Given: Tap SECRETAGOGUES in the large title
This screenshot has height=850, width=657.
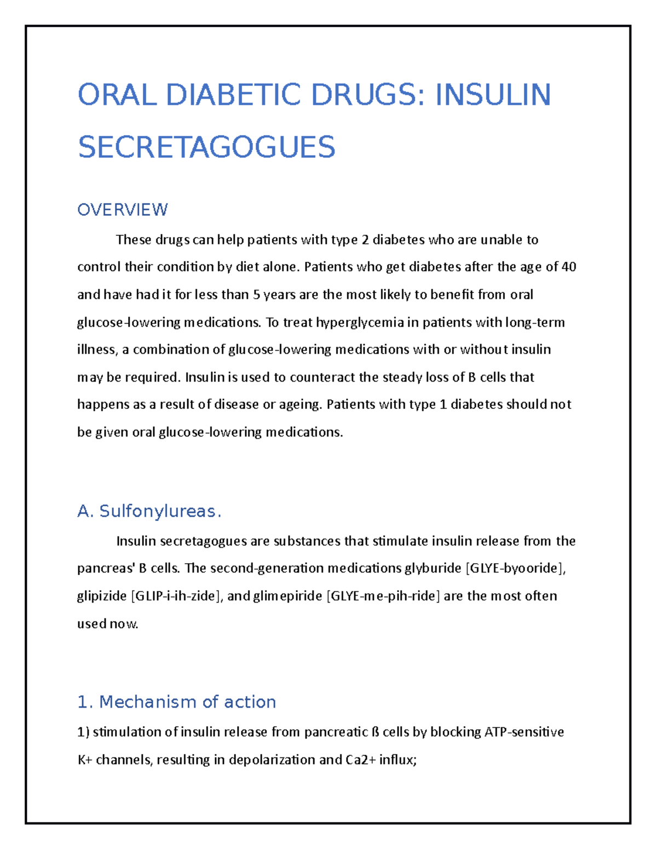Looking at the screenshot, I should click(x=206, y=147).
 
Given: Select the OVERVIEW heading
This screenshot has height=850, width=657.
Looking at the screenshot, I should click(x=122, y=210).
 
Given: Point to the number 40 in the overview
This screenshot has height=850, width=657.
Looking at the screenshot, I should click(x=569, y=267).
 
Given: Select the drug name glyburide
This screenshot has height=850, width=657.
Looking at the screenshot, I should click(x=433, y=568).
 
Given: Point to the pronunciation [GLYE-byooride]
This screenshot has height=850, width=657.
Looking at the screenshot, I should click(x=514, y=568).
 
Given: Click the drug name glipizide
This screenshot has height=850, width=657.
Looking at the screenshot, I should click(x=102, y=596).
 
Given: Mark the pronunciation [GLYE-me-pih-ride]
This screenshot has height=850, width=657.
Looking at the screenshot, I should click(x=383, y=596).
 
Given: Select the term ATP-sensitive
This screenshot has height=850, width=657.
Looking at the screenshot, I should click(x=524, y=732).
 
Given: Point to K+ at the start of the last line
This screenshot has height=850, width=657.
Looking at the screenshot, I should click(x=85, y=760).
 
